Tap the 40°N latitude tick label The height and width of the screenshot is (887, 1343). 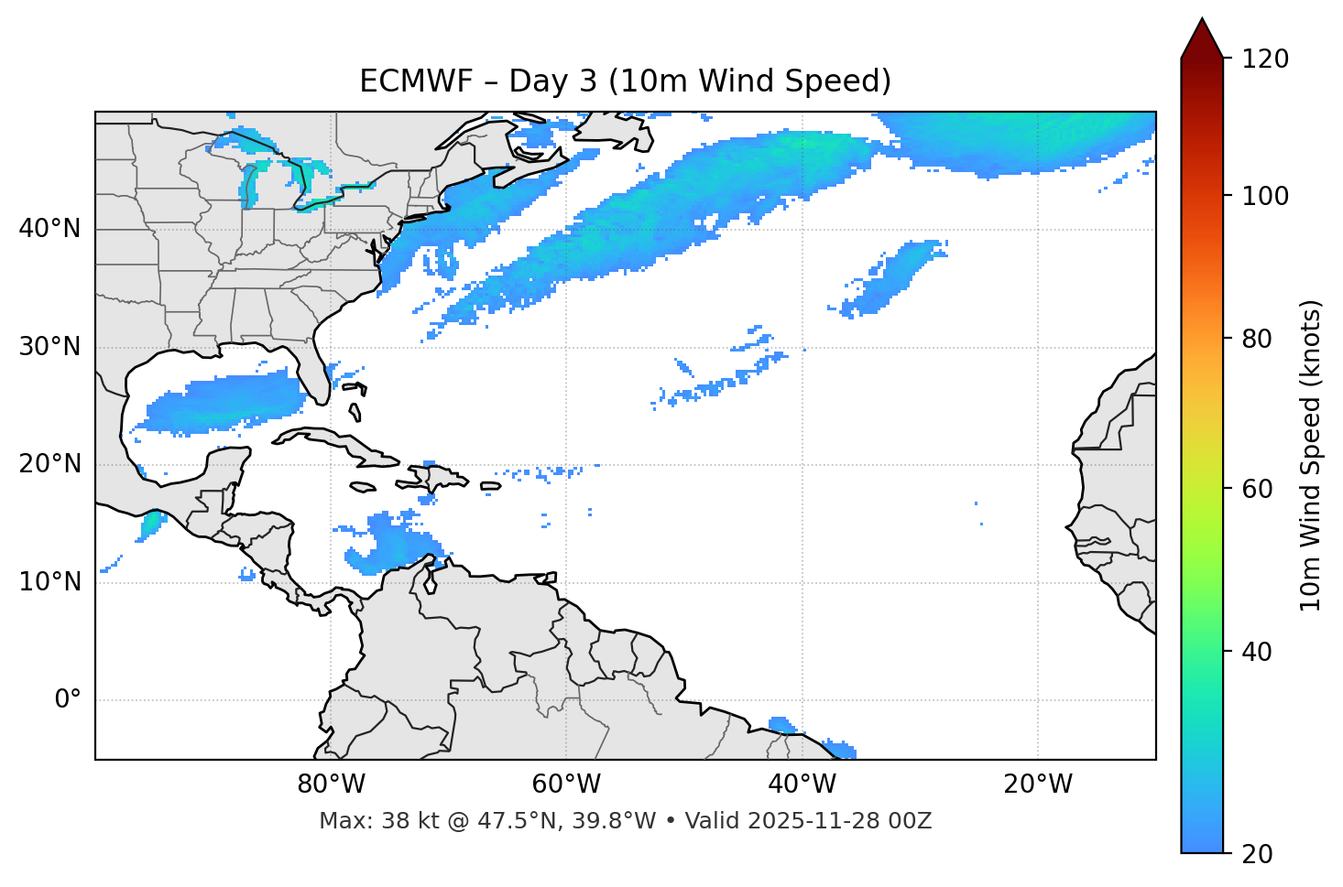pos(49,229)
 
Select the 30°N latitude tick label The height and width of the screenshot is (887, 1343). pos(49,347)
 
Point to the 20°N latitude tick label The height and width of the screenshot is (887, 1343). pos(49,464)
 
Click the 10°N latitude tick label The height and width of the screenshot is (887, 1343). pos(49,582)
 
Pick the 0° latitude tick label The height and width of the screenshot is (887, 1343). pos(68,699)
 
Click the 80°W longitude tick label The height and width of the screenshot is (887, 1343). pos(331,784)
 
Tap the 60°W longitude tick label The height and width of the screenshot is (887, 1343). pos(565,784)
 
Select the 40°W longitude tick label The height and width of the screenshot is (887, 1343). pos(802,784)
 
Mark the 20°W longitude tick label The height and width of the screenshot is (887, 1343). pos(1037,784)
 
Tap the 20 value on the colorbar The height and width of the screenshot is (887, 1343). pos(1256,854)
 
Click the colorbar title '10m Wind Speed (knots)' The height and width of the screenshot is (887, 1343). pos(1311,455)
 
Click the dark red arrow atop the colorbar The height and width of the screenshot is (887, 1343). pos(1202,39)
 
